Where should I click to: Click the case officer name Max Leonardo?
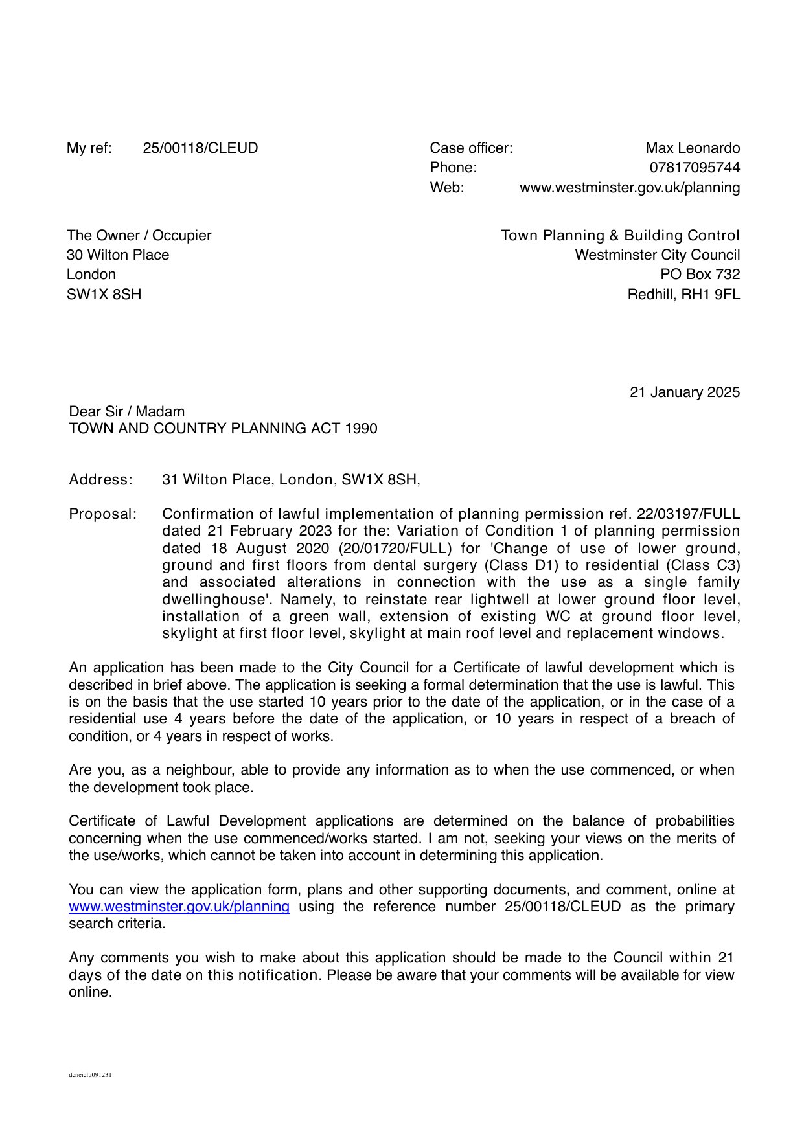click(693, 148)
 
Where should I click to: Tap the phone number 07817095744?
click(695, 168)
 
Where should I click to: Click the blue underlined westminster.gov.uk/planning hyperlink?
click(179, 907)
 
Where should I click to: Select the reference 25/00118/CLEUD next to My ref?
click(200, 148)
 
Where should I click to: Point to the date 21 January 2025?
click(684, 392)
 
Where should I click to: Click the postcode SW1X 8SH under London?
click(104, 295)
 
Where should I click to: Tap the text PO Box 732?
click(700, 275)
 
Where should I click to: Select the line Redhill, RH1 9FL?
click(683, 295)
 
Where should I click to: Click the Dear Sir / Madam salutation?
click(126, 412)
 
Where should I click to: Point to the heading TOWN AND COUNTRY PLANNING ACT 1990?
click(223, 429)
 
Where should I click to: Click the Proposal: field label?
click(103, 514)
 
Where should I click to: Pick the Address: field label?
click(100, 480)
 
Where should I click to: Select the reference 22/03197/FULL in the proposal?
click(688, 514)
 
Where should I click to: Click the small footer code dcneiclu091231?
click(90, 1075)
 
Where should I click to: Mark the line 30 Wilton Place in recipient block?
click(117, 255)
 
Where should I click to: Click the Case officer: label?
click(471, 148)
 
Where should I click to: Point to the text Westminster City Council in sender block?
click(657, 255)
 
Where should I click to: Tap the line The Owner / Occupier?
click(139, 236)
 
